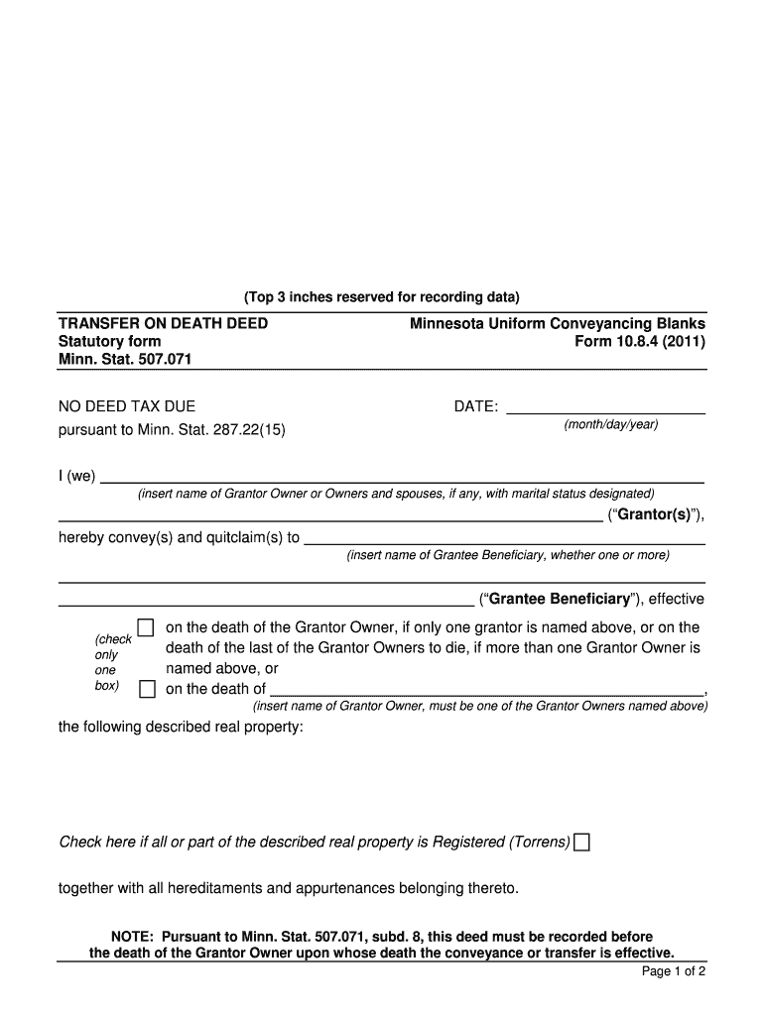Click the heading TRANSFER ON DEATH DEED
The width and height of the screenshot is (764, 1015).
click(x=163, y=324)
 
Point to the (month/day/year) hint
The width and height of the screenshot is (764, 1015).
click(x=610, y=425)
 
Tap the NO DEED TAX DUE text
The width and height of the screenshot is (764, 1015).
click(x=127, y=406)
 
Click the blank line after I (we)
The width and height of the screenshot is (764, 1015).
click(x=402, y=476)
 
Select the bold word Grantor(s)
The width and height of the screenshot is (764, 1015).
click(x=655, y=515)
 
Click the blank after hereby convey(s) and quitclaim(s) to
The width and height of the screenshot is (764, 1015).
click(x=504, y=538)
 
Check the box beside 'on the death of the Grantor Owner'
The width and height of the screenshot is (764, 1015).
click(x=146, y=627)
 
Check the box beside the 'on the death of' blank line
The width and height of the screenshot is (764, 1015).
click(x=146, y=689)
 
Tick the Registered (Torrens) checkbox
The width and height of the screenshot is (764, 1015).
click(x=582, y=843)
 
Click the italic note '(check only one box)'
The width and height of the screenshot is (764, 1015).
click(x=107, y=662)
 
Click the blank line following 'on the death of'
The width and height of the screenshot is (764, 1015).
click(x=486, y=690)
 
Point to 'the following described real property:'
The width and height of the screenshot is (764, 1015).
click(x=181, y=727)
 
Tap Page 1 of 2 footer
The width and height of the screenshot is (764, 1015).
click(x=673, y=971)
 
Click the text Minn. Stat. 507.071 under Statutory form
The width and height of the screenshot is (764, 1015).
click(x=125, y=358)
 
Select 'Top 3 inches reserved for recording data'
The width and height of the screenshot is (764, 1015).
click(x=381, y=297)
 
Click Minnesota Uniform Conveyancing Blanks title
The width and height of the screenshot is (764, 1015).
click(x=559, y=324)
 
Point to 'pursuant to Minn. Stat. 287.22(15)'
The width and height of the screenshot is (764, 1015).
click(x=172, y=431)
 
